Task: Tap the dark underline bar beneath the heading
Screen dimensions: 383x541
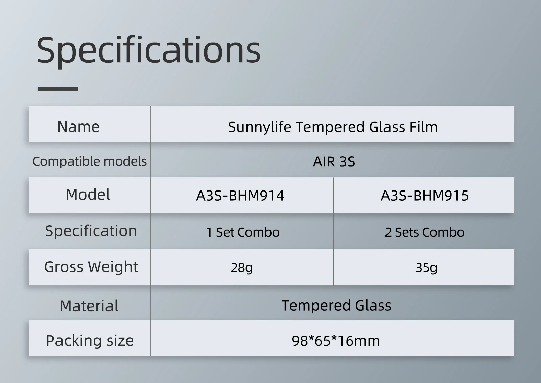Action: tap(57, 89)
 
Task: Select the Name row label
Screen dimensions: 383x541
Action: tap(78, 127)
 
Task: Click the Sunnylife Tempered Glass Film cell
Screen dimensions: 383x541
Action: tap(333, 127)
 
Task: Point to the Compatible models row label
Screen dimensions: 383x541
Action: tap(90, 161)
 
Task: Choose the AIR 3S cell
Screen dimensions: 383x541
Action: tap(334, 162)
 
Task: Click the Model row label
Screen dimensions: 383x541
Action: tap(88, 195)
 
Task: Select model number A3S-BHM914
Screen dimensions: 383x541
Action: tap(240, 196)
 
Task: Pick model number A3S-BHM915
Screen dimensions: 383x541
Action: tap(425, 196)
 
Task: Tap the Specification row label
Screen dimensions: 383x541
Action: tap(91, 231)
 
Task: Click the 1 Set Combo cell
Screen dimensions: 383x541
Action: tap(243, 232)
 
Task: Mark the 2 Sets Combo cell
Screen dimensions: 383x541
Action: tap(424, 232)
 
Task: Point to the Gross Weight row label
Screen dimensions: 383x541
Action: tap(91, 267)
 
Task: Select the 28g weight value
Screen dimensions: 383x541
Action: tap(241, 268)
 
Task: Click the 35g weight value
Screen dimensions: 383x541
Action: tap(426, 268)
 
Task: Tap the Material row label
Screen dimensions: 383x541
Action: tap(89, 306)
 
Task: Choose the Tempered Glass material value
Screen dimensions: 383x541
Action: tap(336, 306)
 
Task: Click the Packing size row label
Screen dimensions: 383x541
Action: tap(90, 340)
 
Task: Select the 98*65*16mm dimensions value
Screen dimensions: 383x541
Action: tap(336, 341)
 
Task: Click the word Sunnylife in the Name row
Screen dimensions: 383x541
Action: tap(259, 127)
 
